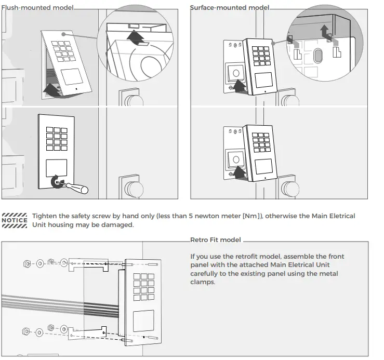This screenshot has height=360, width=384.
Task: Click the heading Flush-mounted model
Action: (x=37, y=8)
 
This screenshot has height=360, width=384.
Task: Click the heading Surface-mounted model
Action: (x=230, y=8)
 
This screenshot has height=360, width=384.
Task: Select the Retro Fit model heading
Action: (x=215, y=240)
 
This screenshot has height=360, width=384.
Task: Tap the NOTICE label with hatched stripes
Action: (x=15, y=220)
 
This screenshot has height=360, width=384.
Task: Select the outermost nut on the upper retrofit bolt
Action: (x=27, y=264)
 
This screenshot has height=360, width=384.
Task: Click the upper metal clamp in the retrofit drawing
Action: (x=88, y=265)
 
